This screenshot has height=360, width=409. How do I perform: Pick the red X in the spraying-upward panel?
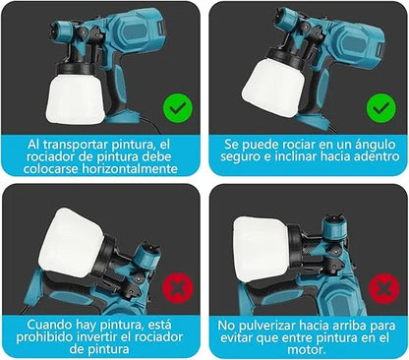click(x=380, y=288)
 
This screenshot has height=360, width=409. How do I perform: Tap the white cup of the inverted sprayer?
click(x=71, y=242)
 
